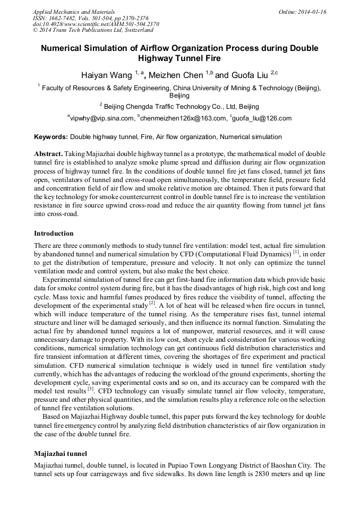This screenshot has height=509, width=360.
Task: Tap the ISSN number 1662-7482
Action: tap(63, 18)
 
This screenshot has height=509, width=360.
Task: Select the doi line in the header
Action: tap(96, 24)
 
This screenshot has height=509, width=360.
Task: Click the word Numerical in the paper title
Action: tap(64, 48)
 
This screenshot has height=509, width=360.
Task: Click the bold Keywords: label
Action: tap(51, 137)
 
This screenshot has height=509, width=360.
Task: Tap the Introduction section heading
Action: tap(54, 234)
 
